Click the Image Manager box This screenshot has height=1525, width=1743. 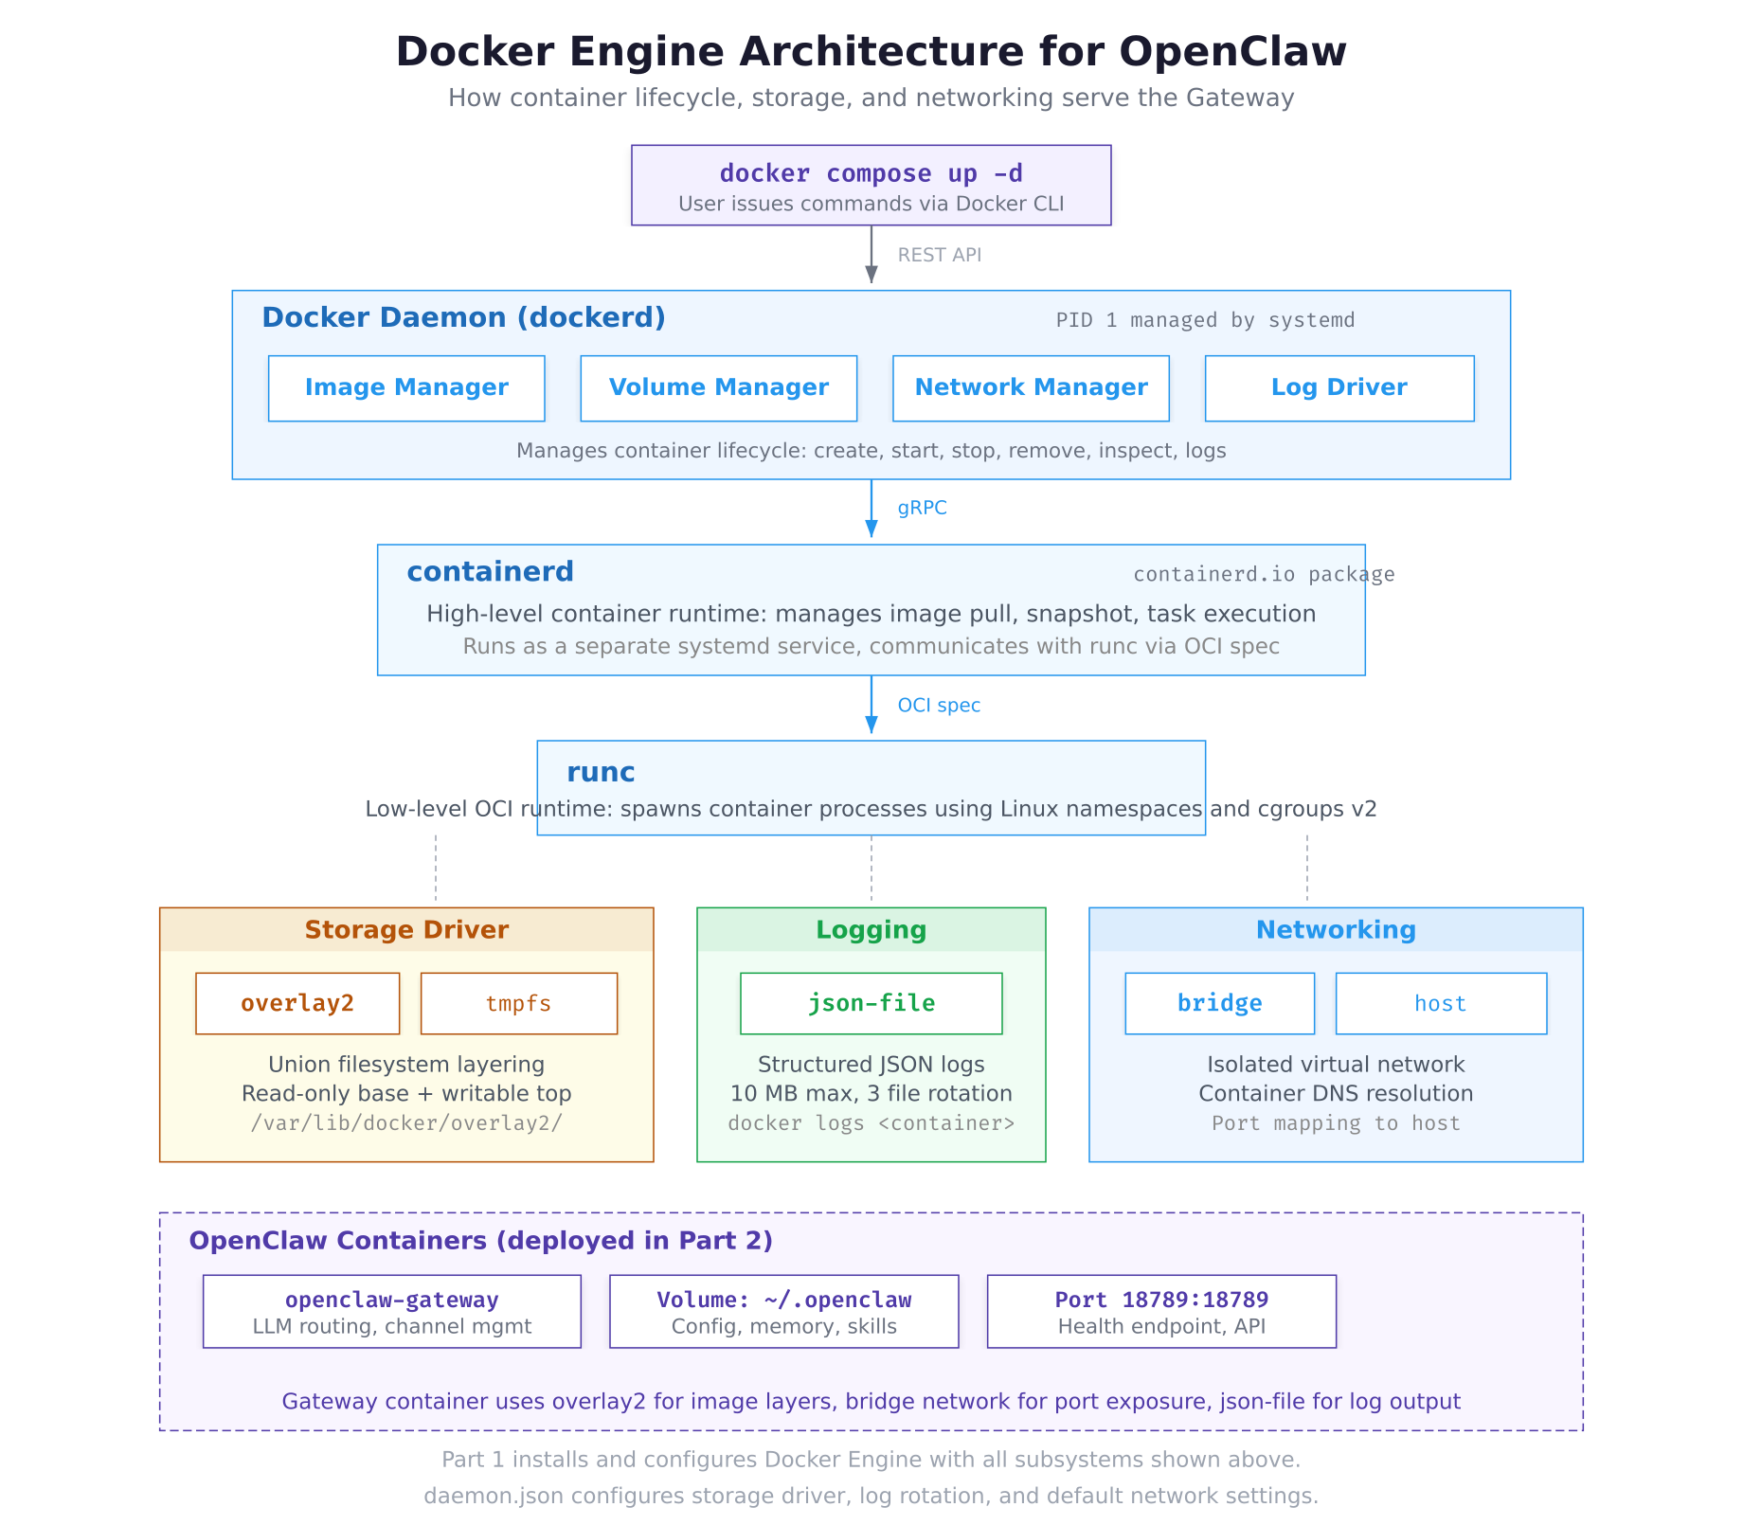(406, 388)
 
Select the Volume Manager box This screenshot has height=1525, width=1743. (718, 388)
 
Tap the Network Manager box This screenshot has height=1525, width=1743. (1031, 388)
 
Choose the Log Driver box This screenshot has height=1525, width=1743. (1339, 388)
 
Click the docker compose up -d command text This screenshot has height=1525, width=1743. (871, 173)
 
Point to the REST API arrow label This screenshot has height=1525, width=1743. (939, 255)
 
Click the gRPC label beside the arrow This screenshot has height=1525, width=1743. (922, 508)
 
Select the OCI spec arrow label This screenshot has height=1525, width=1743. (938, 706)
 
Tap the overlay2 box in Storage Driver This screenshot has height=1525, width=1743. (297, 1003)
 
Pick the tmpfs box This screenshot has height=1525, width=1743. (518, 1003)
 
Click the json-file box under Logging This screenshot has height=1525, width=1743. (871, 1003)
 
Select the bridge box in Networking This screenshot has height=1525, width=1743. (1219, 1003)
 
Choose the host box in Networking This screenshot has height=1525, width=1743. (1440, 1003)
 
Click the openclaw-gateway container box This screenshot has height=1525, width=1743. (391, 1311)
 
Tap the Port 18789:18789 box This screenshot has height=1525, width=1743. (1161, 1311)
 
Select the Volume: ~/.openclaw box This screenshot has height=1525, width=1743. (783, 1311)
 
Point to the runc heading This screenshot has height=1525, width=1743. (601, 773)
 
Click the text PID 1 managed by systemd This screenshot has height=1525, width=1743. (1205, 320)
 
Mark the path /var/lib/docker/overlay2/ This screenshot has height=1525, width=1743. (406, 1123)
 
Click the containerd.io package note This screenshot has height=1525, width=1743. (1263, 574)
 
